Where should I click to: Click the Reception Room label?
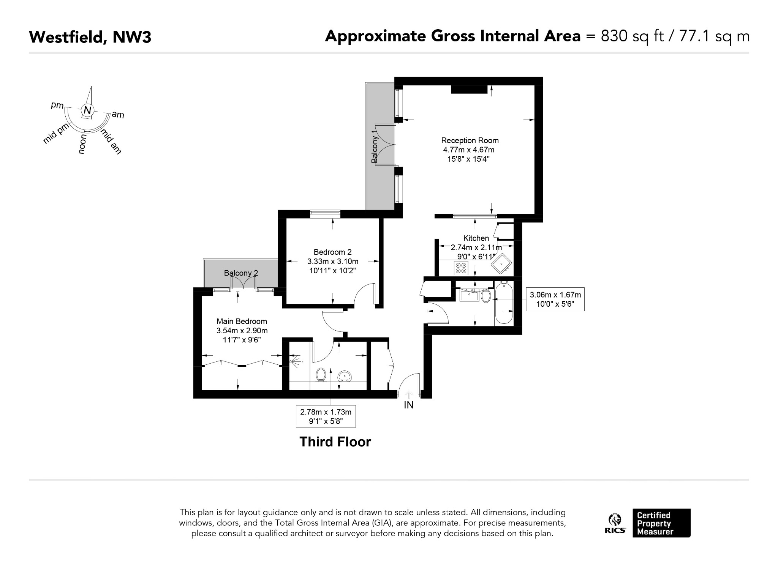point(470,140)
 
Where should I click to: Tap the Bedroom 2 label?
point(332,252)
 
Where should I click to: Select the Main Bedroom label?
point(242,322)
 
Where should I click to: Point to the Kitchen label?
point(476,238)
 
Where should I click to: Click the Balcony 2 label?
point(241,273)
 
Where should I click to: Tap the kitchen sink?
point(502,263)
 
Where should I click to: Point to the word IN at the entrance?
point(408,405)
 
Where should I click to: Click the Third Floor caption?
point(335,442)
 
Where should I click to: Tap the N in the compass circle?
point(88,110)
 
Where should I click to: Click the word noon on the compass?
point(82,144)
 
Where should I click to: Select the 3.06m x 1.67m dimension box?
point(555,299)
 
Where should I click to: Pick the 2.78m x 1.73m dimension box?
point(326,416)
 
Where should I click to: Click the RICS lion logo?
point(615,523)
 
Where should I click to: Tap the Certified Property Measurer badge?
point(661,523)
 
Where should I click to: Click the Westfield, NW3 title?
point(90,37)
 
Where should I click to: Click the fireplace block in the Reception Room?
point(469,89)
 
